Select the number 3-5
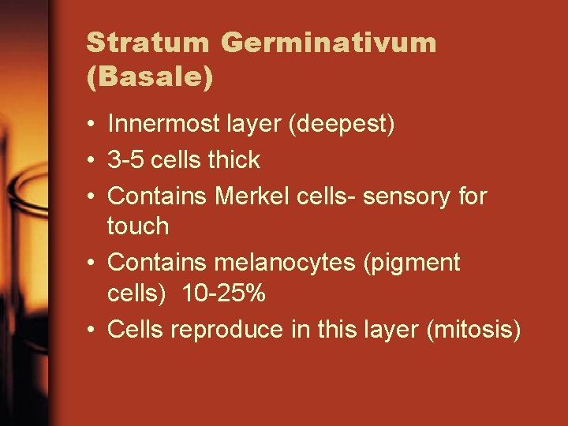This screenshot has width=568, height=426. coord(125,160)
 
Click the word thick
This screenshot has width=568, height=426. coord(234,160)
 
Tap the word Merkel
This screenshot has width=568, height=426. coord(254,196)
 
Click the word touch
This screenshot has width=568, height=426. coord(138,227)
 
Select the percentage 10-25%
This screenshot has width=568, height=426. coord(223,295)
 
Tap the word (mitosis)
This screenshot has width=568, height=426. coord(473,331)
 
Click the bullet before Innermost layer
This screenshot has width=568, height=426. coord(92,125)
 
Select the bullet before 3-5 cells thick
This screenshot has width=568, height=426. coord(92,160)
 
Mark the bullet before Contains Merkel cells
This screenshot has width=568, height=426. coord(92,196)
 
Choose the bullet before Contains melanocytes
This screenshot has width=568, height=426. coord(92,262)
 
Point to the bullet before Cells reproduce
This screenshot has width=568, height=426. coord(92,330)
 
